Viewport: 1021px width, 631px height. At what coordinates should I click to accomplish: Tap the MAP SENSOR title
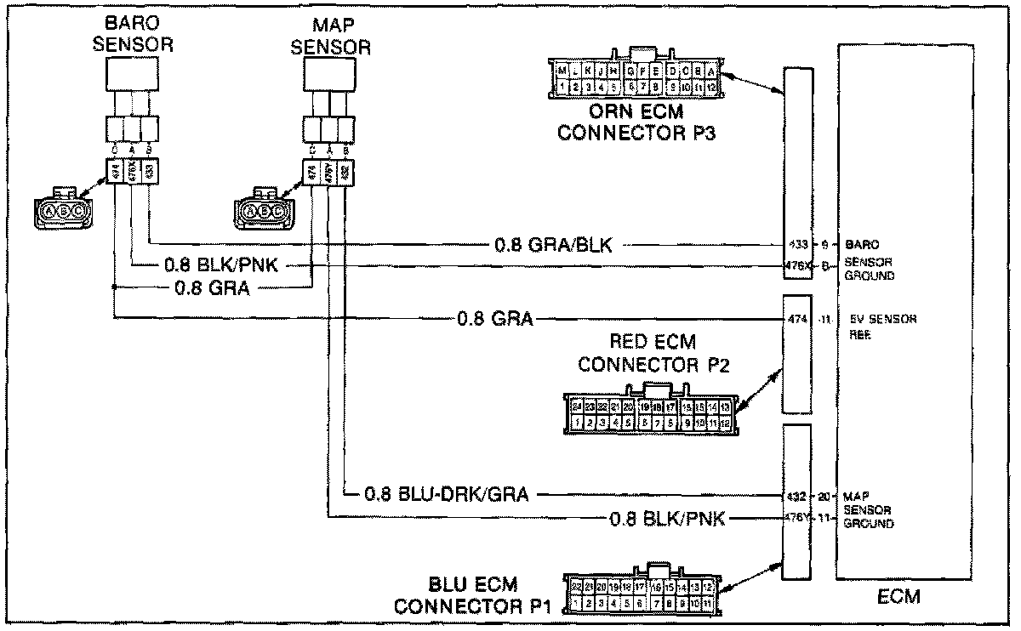[331, 37]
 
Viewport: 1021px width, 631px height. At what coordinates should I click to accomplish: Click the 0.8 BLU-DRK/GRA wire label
[447, 493]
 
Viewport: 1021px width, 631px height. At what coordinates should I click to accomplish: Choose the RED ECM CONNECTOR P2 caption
[653, 353]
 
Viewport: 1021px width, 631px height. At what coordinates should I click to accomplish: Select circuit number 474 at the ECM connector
[796, 320]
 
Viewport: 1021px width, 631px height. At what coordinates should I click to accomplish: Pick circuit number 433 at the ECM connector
[796, 243]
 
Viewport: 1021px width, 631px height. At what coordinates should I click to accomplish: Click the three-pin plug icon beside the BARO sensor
[62, 207]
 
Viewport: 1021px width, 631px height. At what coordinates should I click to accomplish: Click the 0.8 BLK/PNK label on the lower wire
[667, 517]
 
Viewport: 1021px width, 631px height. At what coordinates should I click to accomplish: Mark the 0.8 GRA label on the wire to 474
[495, 319]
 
